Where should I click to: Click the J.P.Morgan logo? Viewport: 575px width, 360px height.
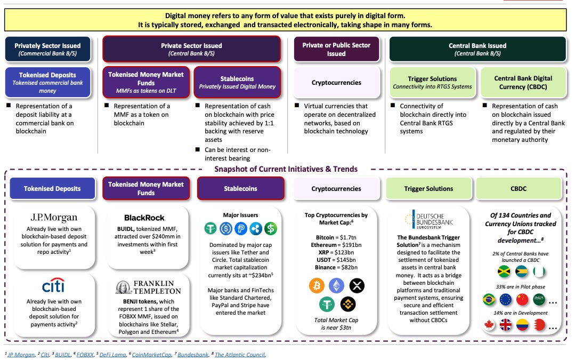(54, 218)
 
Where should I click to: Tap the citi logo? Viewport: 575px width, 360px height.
(53, 285)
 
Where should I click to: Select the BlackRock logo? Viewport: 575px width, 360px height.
(144, 218)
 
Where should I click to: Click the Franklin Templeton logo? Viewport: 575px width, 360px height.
(149, 287)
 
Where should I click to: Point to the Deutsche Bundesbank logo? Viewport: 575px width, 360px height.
(428, 219)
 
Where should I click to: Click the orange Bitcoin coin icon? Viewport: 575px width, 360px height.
(317, 285)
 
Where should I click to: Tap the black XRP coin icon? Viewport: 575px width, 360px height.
(357, 285)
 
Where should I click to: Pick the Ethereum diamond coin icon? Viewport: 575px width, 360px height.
(336, 285)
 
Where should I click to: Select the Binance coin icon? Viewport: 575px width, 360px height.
(347, 304)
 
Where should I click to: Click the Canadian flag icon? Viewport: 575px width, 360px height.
(489, 325)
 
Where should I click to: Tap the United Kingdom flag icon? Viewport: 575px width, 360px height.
(506, 325)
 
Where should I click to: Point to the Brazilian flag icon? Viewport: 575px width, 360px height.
(489, 299)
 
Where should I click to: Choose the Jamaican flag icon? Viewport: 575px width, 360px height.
(504, 271)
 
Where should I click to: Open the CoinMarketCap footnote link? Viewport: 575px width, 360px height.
(151, 355)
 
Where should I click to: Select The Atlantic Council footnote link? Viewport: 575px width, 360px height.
(240, 355)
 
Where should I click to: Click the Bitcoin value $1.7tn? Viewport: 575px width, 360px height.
(346, 237)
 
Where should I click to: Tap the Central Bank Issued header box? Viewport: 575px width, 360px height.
(477, 49)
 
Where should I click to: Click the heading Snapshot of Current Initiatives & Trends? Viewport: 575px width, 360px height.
(286, 169)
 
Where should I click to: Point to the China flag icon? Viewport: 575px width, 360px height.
(522, 299)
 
